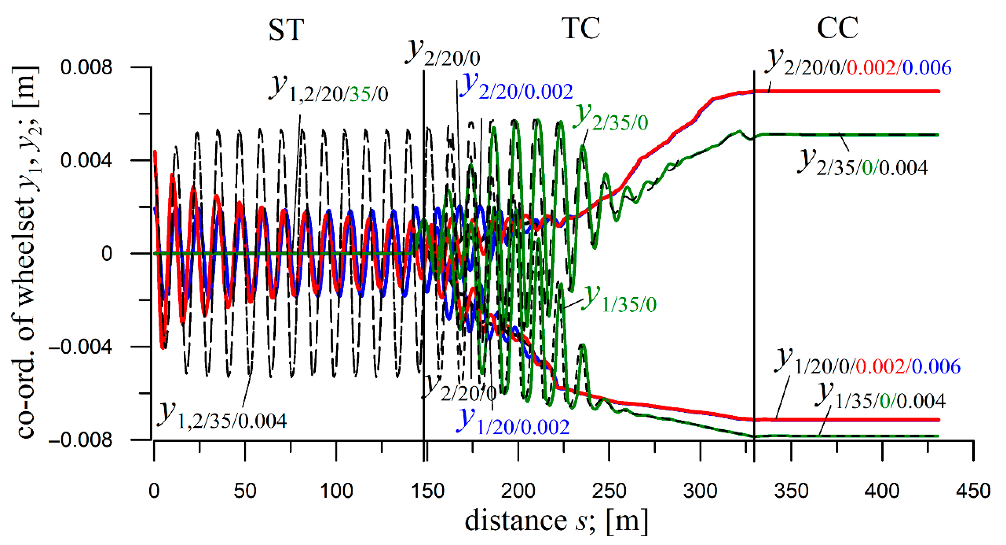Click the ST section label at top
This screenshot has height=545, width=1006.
click(x=286, y=30)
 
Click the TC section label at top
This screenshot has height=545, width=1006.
click(x=581, y=28)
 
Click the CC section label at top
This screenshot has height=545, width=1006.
click(x=837, y=28)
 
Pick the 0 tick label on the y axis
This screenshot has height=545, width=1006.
click(x=107, y=254)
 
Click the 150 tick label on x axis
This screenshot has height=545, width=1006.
click(x=428, y=491)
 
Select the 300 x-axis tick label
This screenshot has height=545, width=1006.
click(x=700, y=491)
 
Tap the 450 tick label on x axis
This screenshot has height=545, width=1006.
click(x=973, y=491)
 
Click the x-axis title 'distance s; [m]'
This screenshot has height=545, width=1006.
click(x=556, y=521)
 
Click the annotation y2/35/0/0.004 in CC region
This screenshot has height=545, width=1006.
click(x=862, y=164)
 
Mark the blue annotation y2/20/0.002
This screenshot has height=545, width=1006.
click(x=516, y=88)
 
